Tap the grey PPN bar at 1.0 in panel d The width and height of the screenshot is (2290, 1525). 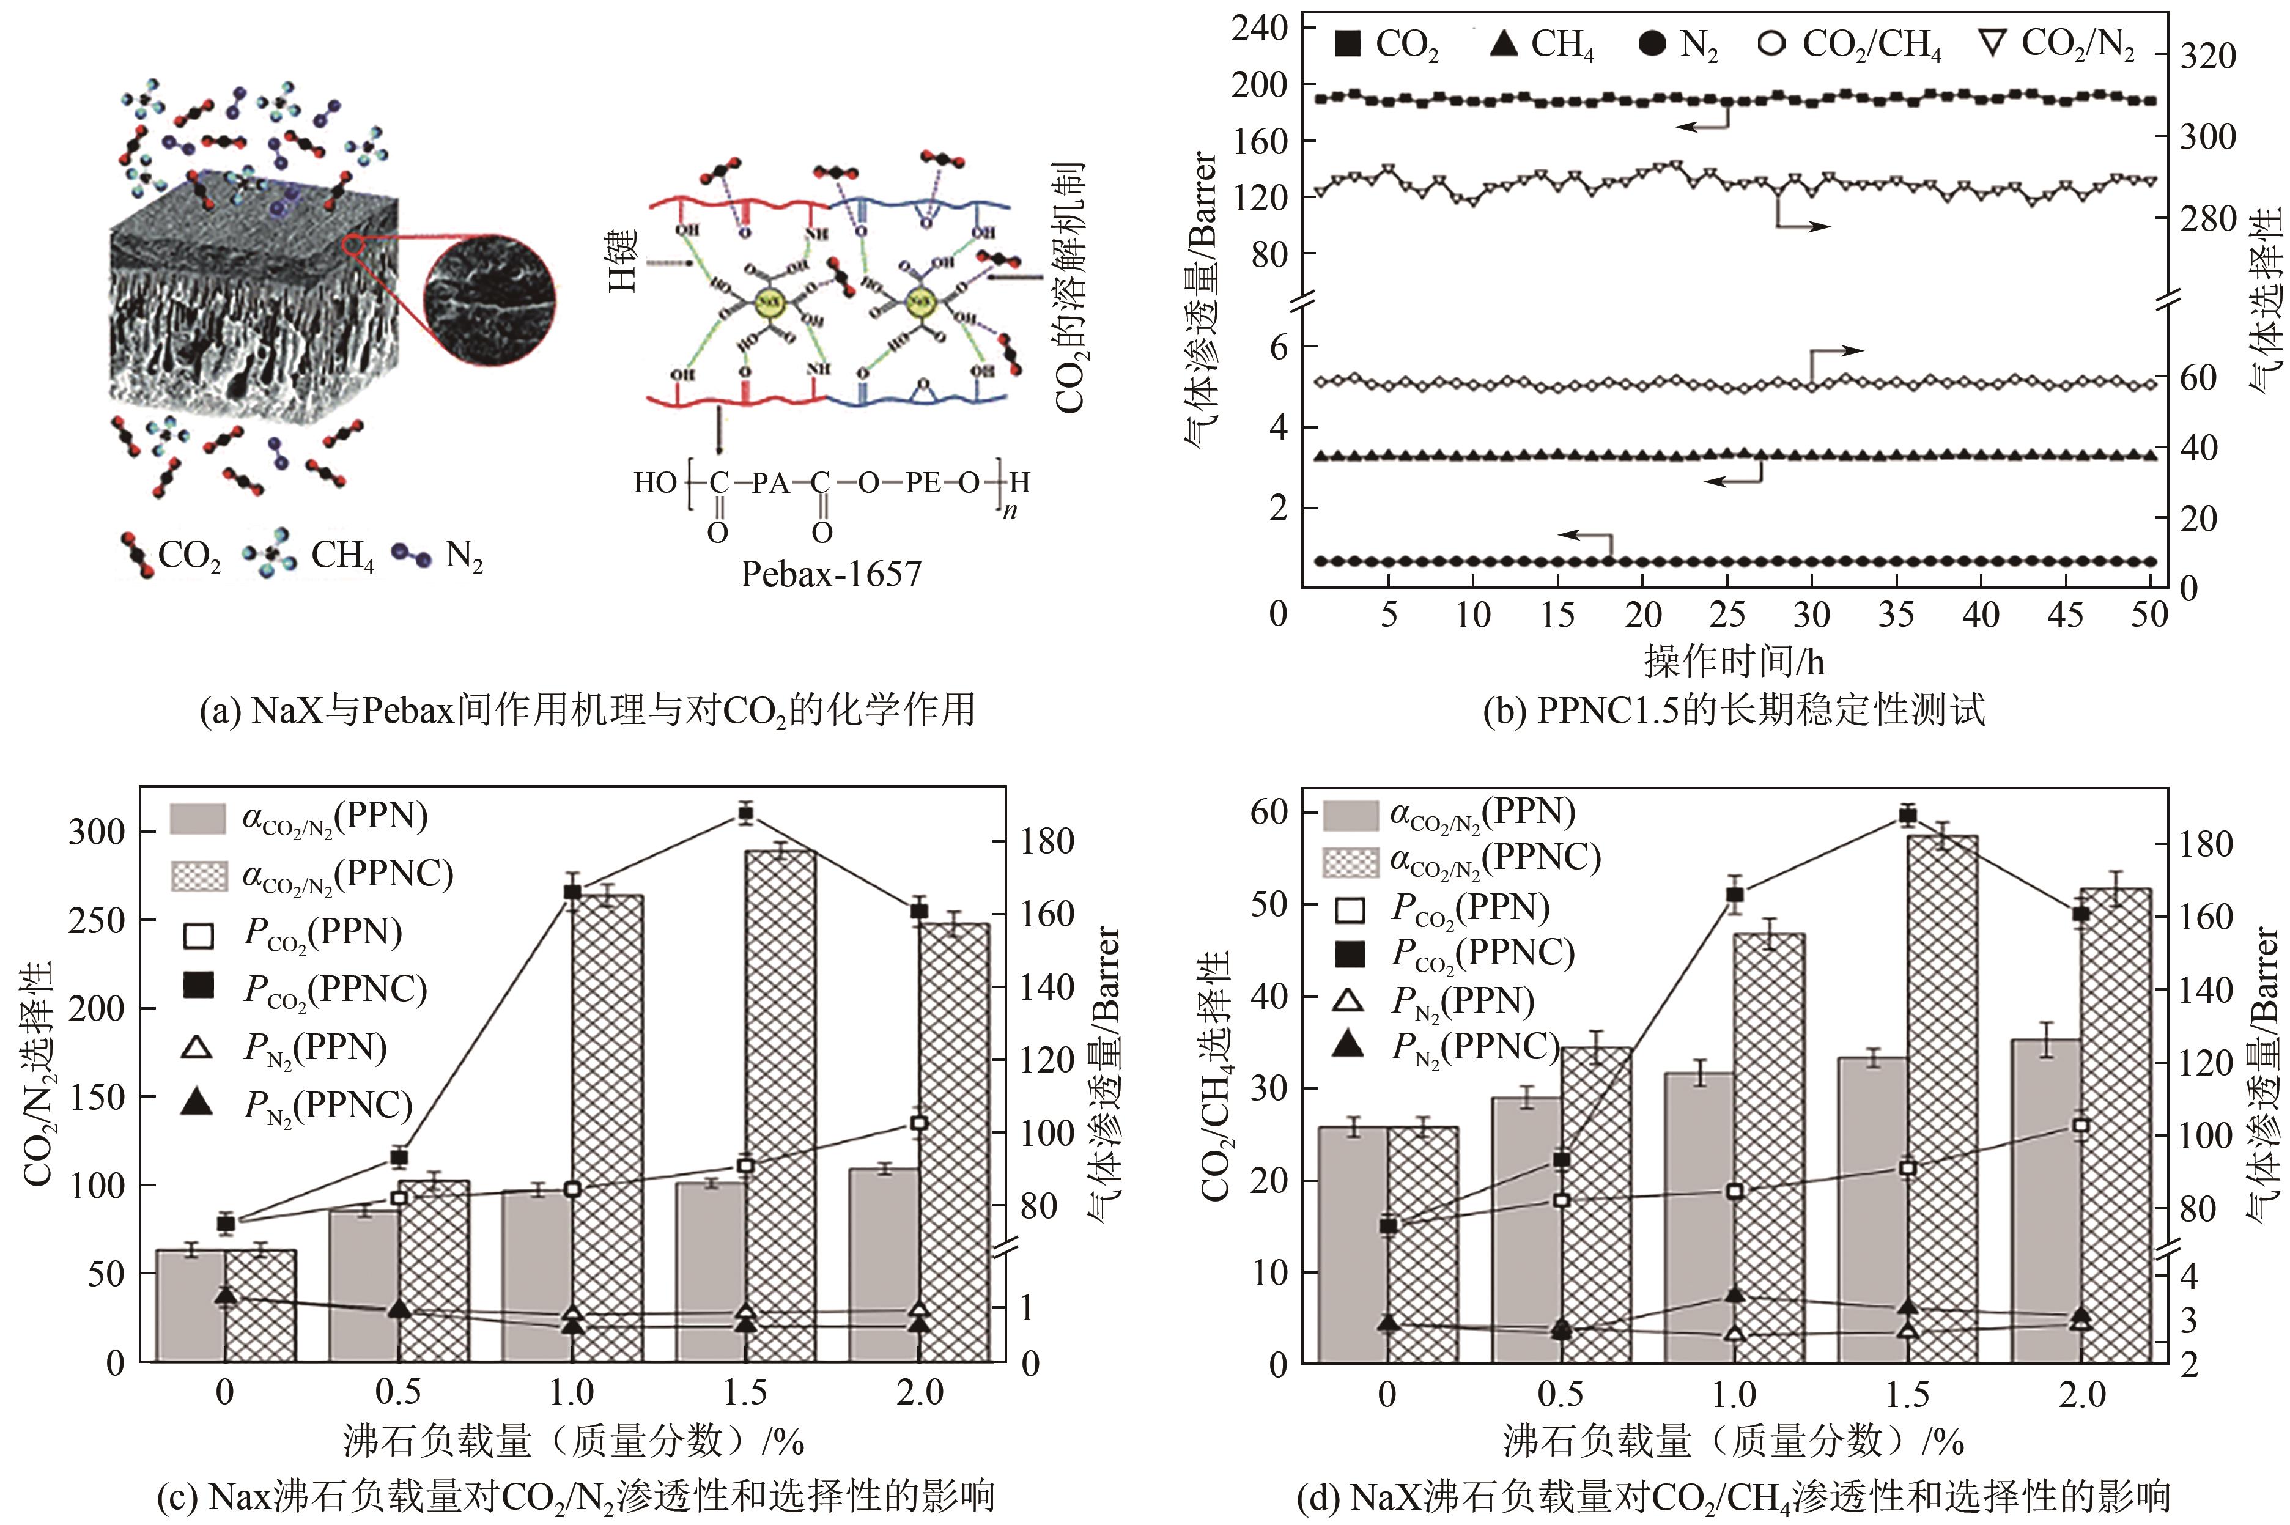coord(1700,1216)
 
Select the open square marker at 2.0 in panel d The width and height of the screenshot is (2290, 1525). coord(2081,1125)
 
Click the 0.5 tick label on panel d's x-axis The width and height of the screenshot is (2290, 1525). coord(1560,1395)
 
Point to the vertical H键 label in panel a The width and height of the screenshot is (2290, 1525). coord(622,260)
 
